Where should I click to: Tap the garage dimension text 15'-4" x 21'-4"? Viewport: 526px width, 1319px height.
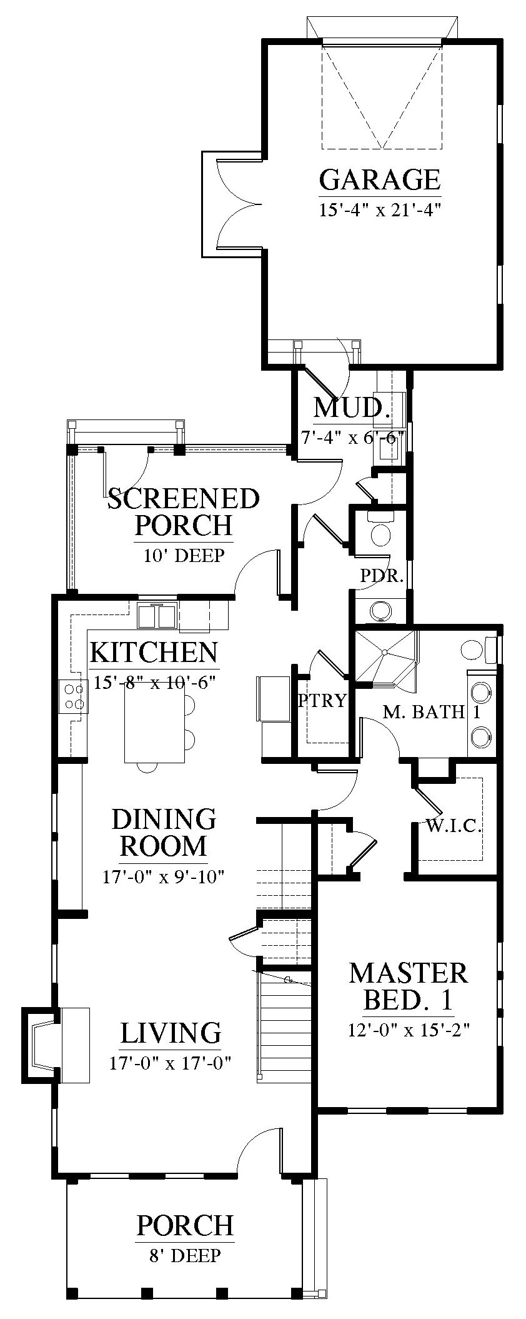pyautogui.click(x=380, y=209)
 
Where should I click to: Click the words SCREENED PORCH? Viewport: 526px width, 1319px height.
pyautogui.click(x=184, y=512)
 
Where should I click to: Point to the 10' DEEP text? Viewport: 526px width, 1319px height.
pyautogui.click(x=184, y=555)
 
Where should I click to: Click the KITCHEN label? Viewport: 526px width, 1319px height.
pyautogui.click(x=154, y=653)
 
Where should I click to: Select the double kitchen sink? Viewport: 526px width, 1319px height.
pyautogui.click(x=157, y=616)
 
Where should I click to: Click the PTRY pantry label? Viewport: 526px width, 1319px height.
pyautogui.click(x=322, y=701)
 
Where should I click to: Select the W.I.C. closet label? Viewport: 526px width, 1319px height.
pyautogui.click(x=454, y=826)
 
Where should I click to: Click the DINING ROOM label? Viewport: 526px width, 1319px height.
pyautogui.click(x=164, y=832)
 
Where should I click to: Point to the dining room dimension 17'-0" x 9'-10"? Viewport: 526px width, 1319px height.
pyautogui.click(x=164, y=876)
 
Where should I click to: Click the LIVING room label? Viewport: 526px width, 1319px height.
pyautogui.click(x=171, y=1033)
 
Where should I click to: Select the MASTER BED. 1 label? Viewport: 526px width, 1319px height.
pyautogui.click(x=409, y=986)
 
